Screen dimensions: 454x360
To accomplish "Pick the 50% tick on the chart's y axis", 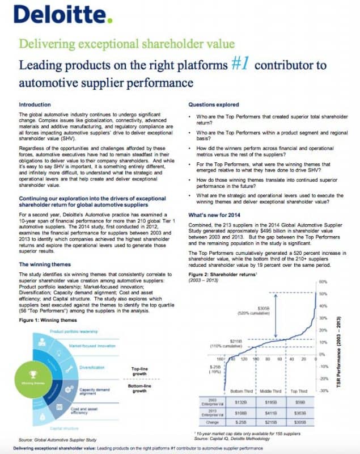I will click(x=324, y=293).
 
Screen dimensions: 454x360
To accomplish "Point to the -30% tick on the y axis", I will click(x=324, y=390).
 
